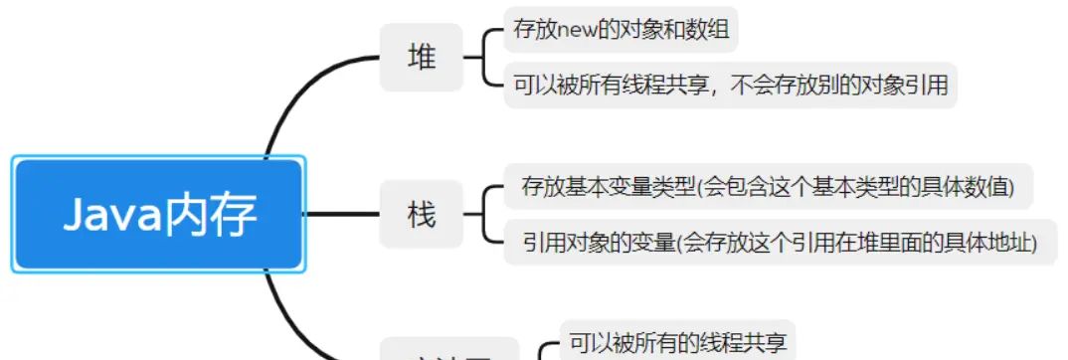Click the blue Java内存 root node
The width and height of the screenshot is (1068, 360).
click(158, 214)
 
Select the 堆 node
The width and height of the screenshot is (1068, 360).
click(422, 58)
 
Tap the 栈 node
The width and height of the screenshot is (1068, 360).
click(422, 214)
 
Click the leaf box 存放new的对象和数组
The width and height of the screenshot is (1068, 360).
click(622, 31)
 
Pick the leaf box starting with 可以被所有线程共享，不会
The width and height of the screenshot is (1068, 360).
click(730, 87)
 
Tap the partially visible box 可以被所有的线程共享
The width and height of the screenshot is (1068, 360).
click(676, 343)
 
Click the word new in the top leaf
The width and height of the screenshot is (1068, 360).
click(580, 31)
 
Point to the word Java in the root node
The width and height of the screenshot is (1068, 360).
click(111, 214)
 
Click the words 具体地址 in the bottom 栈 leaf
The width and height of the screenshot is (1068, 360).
click(990, 242)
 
